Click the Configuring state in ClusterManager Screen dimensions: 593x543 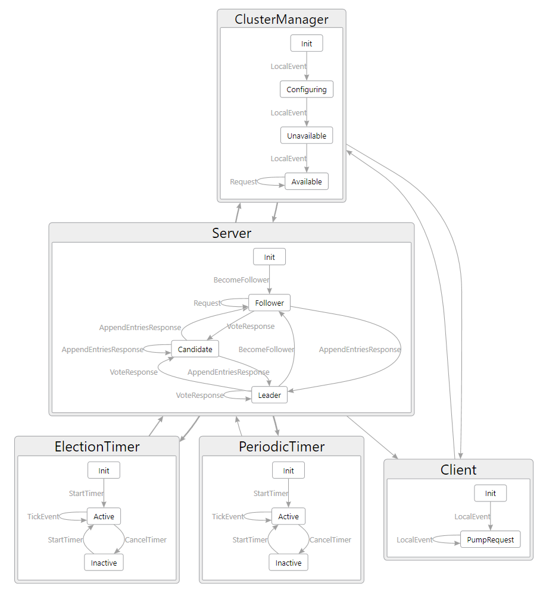coord(307,90)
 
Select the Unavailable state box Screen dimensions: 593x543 coord(307,136)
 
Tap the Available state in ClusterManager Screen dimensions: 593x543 coord(307,181)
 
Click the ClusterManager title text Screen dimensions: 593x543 coord(282,19)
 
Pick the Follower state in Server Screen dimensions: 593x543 coord(270,303)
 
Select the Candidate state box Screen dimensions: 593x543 coord(195,349)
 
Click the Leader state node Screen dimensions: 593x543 coord(270,395)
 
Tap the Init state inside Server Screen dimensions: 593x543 coord(270,257)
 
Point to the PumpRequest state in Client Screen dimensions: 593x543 coord(491,539)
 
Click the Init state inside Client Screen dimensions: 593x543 coord(491,493)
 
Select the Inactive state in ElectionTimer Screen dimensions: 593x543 coord(104,563)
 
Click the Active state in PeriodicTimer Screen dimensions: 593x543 coord(289,516)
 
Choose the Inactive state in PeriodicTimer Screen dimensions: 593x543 coord(289,563)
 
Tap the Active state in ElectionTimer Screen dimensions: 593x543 coord(104,516)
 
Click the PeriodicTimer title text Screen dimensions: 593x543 coord(282,447)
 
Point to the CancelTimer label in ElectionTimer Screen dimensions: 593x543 coord(146,540)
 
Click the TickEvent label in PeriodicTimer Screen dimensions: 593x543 coord(228,517)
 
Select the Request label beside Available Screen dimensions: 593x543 coord(244,182)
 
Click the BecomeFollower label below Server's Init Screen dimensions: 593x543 coord(242,280)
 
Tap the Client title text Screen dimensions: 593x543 coord(458,470)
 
